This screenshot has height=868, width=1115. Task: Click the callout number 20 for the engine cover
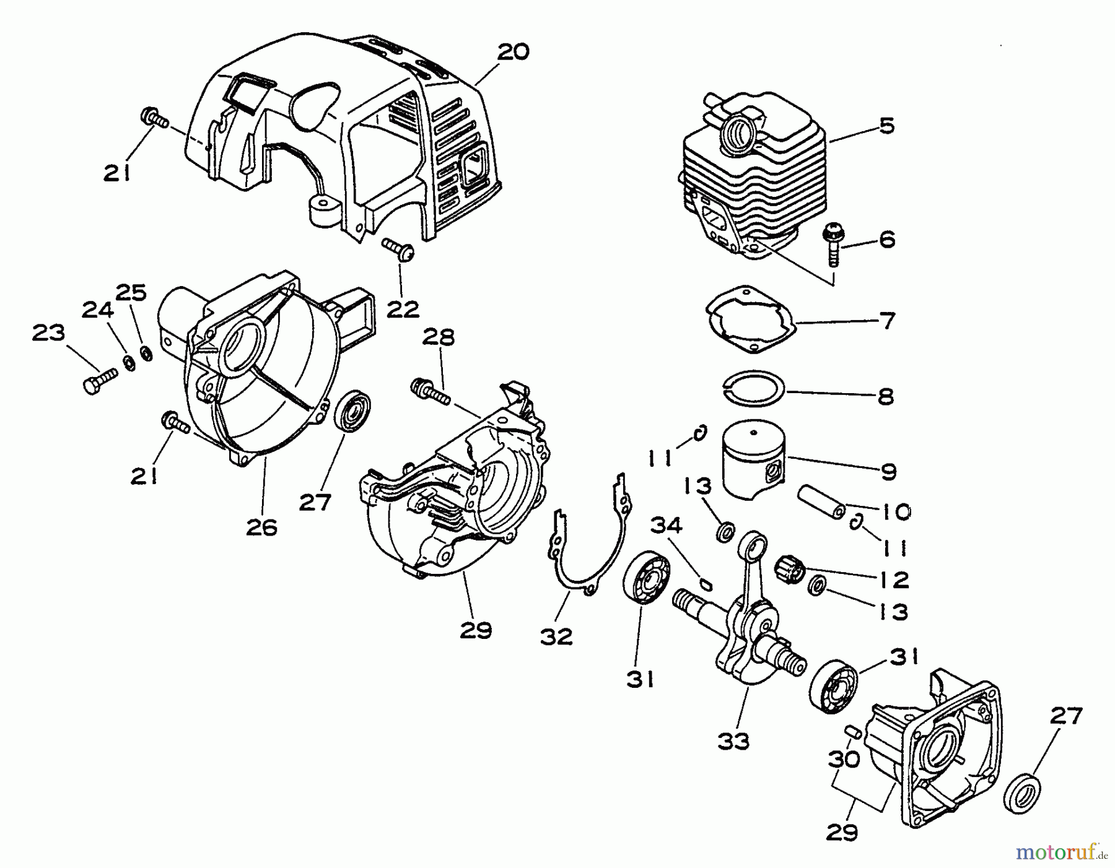(x=513, y=51)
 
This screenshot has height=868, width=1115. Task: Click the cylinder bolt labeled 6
(x=831, y=244)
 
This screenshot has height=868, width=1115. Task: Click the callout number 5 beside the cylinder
(x=886, y=126)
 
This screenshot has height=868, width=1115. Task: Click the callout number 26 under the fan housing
(x=261, y=527)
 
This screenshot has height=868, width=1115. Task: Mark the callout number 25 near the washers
(x=131, y=292)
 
